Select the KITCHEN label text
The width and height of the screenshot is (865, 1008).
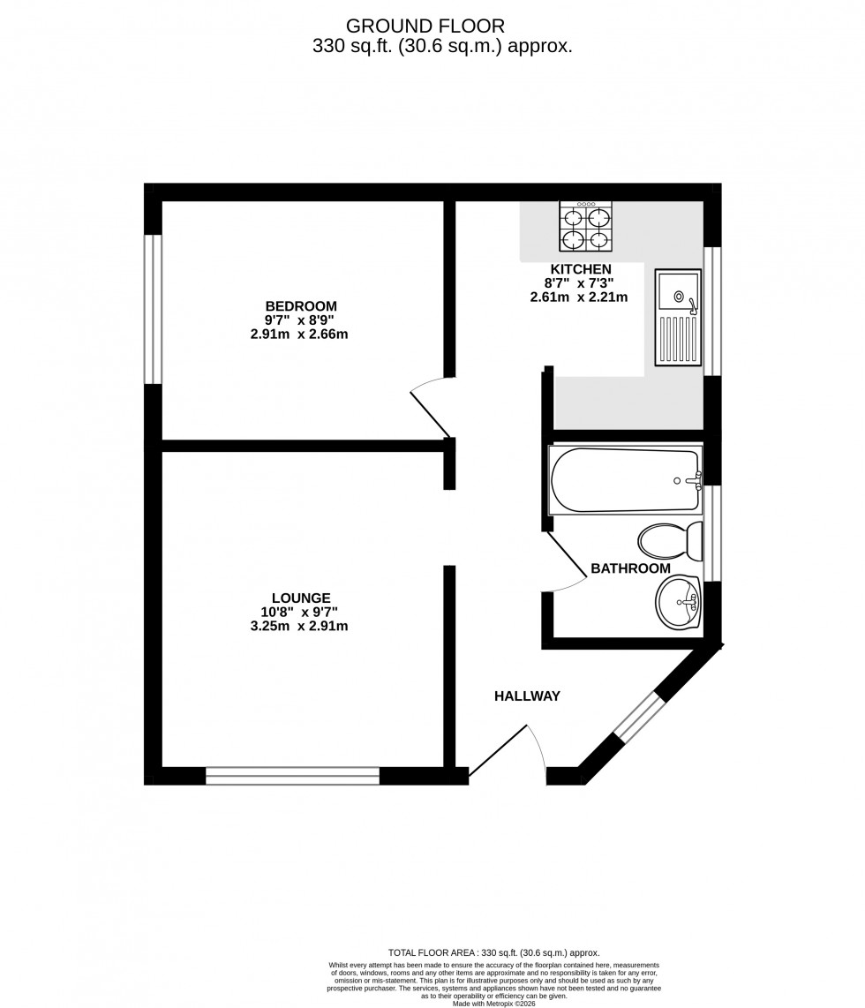coord(581,269)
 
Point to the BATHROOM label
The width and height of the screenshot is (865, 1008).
coord(630,568)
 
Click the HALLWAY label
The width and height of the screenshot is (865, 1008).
coord(527,696)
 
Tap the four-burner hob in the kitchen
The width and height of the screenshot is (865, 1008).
coord(585,226)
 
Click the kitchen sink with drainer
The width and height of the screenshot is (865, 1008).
coord(678,317)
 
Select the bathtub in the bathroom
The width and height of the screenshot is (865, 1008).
coord(626,481)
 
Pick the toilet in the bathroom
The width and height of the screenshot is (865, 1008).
coord(669,539)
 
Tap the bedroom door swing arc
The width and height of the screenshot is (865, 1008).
coord(430,404)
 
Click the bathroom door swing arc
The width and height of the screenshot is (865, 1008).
coord(568,563)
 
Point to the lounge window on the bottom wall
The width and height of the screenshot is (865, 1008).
coord(292,776)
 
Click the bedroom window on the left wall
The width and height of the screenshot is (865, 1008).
coord(154,309)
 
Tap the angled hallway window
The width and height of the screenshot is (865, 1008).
coord(638,715)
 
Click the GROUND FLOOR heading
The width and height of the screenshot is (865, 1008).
coord(425,26)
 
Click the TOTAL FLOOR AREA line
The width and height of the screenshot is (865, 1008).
coord(493,953)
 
